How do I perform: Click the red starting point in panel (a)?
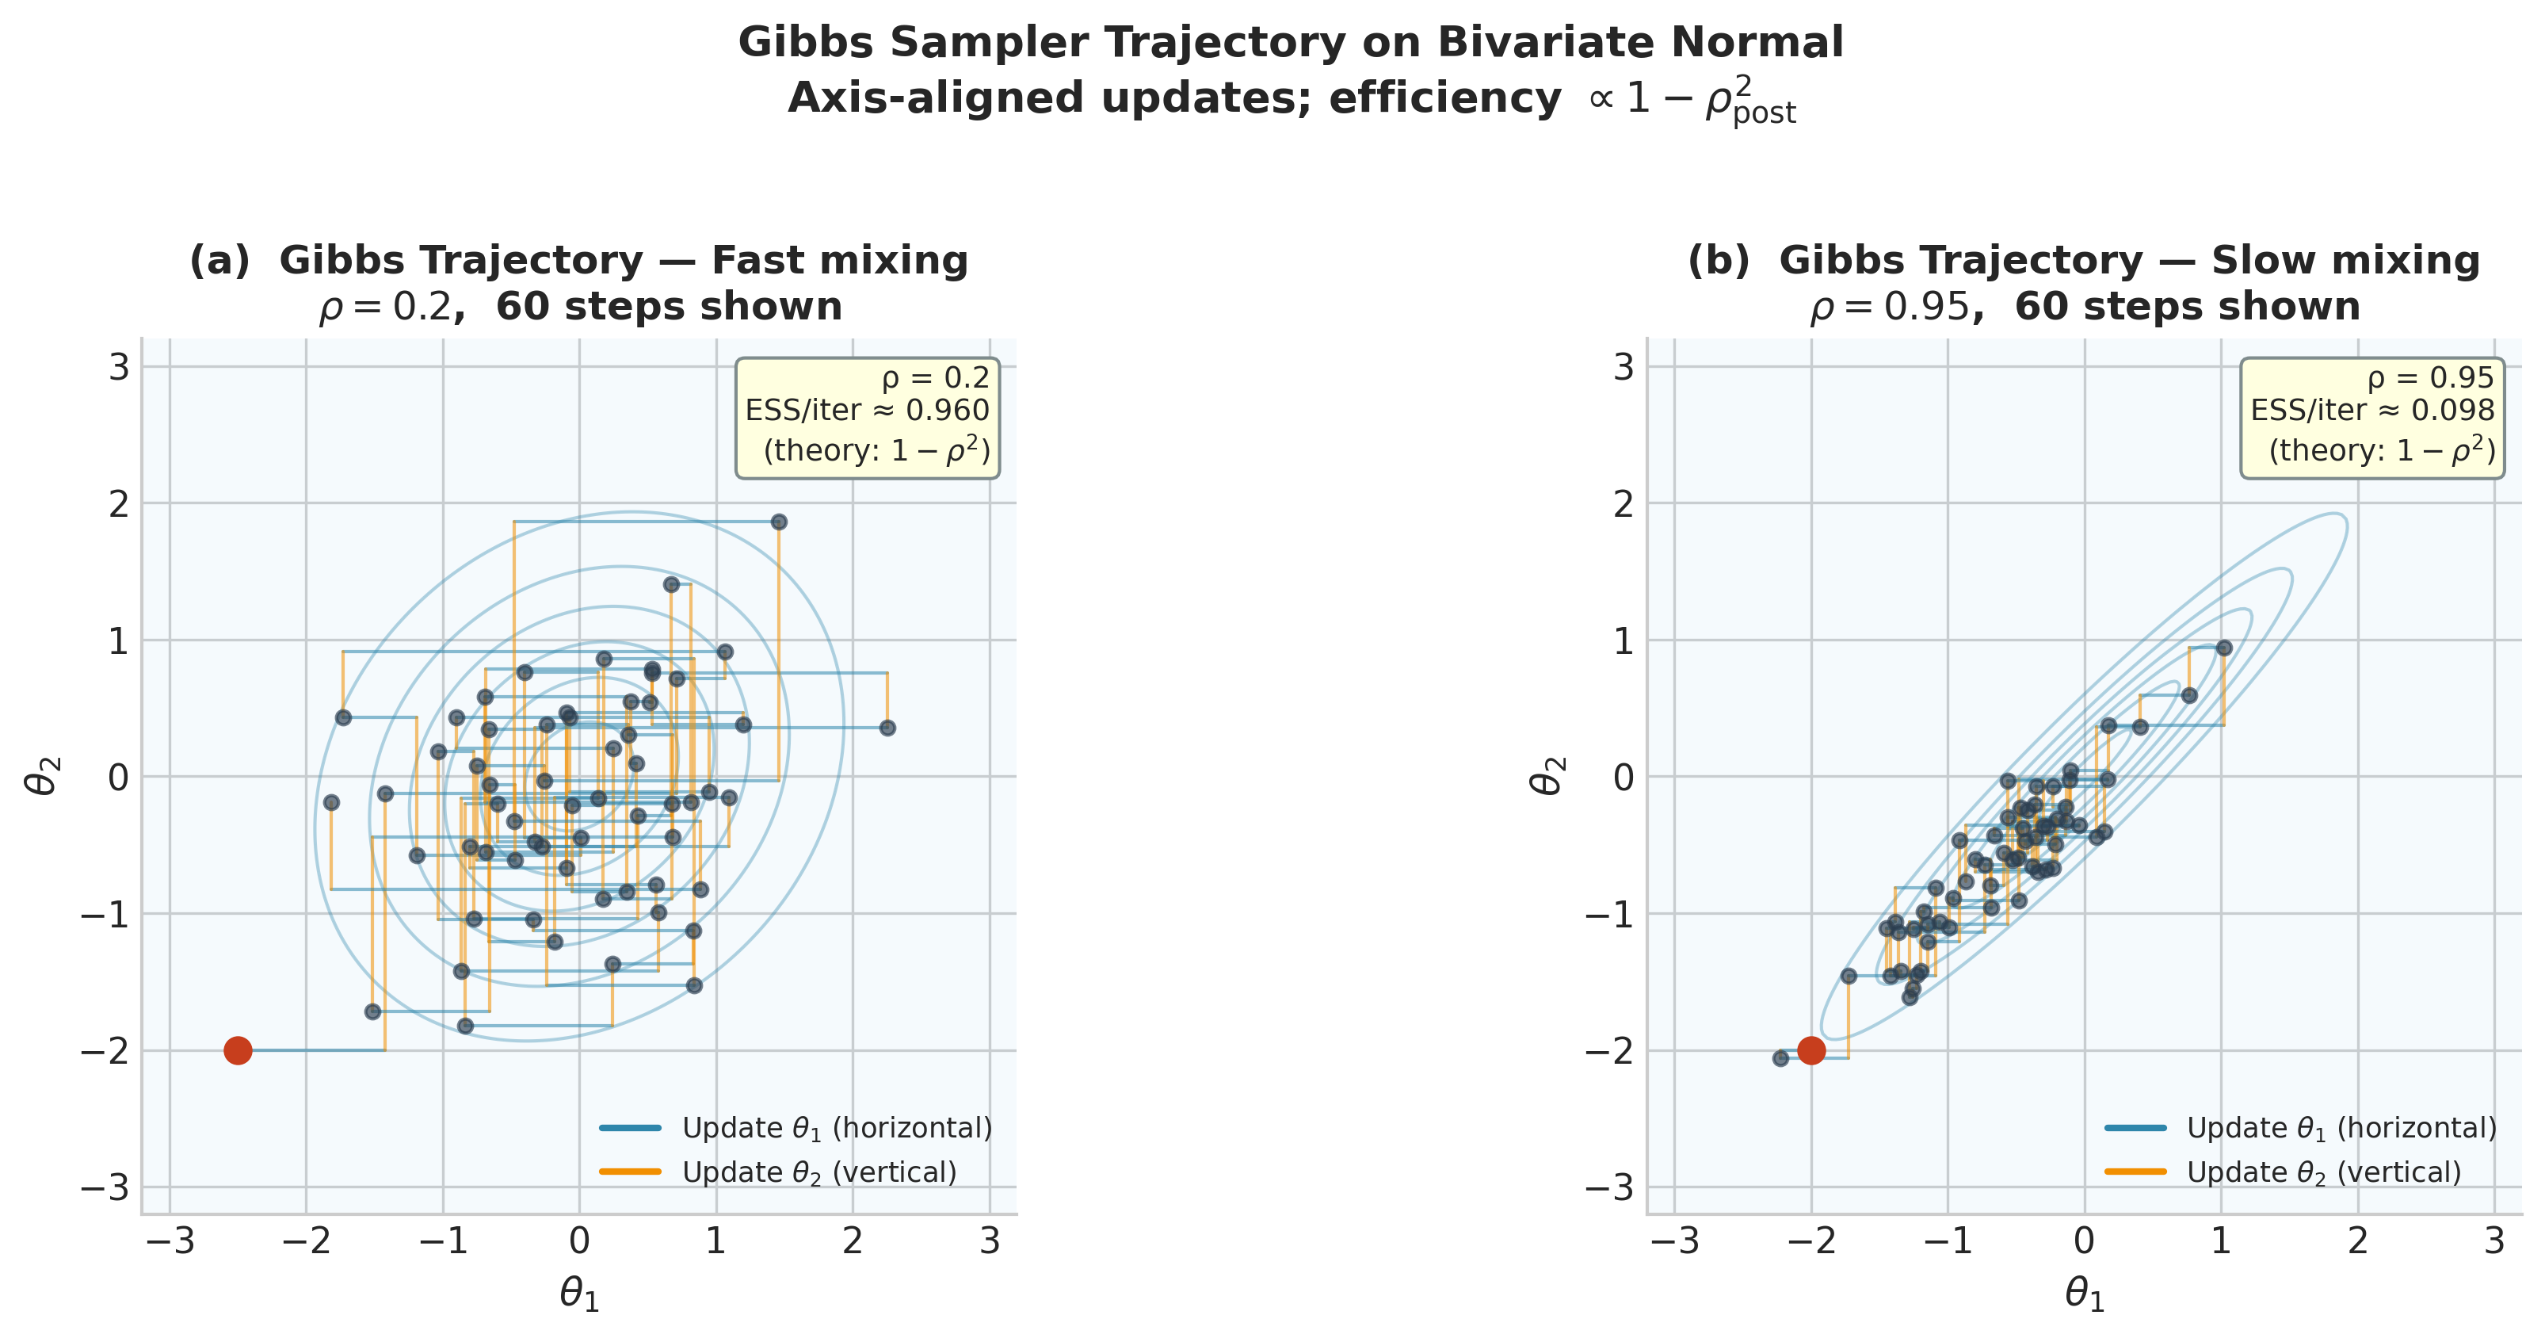click(237, 1050)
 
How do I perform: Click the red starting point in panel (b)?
click(1811, 1050)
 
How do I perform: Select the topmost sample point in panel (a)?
click(779, 522)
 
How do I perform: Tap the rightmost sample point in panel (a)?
click(887, 728)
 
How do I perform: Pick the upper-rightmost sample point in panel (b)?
click(2224, 648)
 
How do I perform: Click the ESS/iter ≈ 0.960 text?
click(867, 411)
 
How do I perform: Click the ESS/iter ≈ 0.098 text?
click(2372, 411)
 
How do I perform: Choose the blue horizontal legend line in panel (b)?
click(2135, 1127)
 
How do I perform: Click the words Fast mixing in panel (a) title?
click(839, 261)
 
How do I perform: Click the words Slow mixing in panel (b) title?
click(2345, 261)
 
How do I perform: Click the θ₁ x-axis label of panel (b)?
click(2085, 1294)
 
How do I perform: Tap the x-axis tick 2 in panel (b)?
click(2358, 1242)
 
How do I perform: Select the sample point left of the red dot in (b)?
click(1780, 1058)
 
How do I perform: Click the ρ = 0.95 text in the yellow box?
click(2430, 378)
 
